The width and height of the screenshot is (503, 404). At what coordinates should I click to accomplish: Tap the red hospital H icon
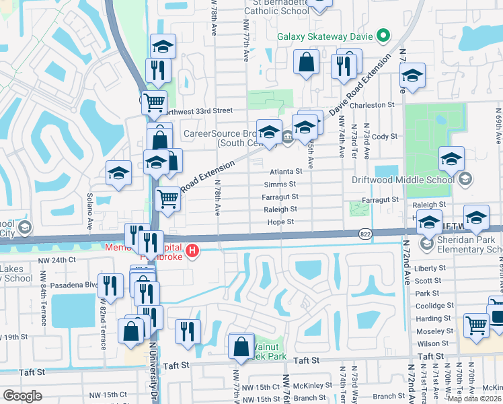point(193,252)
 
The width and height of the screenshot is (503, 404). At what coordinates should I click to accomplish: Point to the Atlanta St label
point(286,172)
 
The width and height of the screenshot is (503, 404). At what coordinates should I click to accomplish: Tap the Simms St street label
point(280,184)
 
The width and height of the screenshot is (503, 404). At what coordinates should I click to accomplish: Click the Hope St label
point(280,222)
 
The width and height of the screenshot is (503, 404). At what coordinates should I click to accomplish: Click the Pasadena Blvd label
point(76,285)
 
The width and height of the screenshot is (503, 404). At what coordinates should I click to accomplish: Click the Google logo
point(22,395)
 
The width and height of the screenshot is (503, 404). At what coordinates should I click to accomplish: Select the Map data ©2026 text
point(474,399)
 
